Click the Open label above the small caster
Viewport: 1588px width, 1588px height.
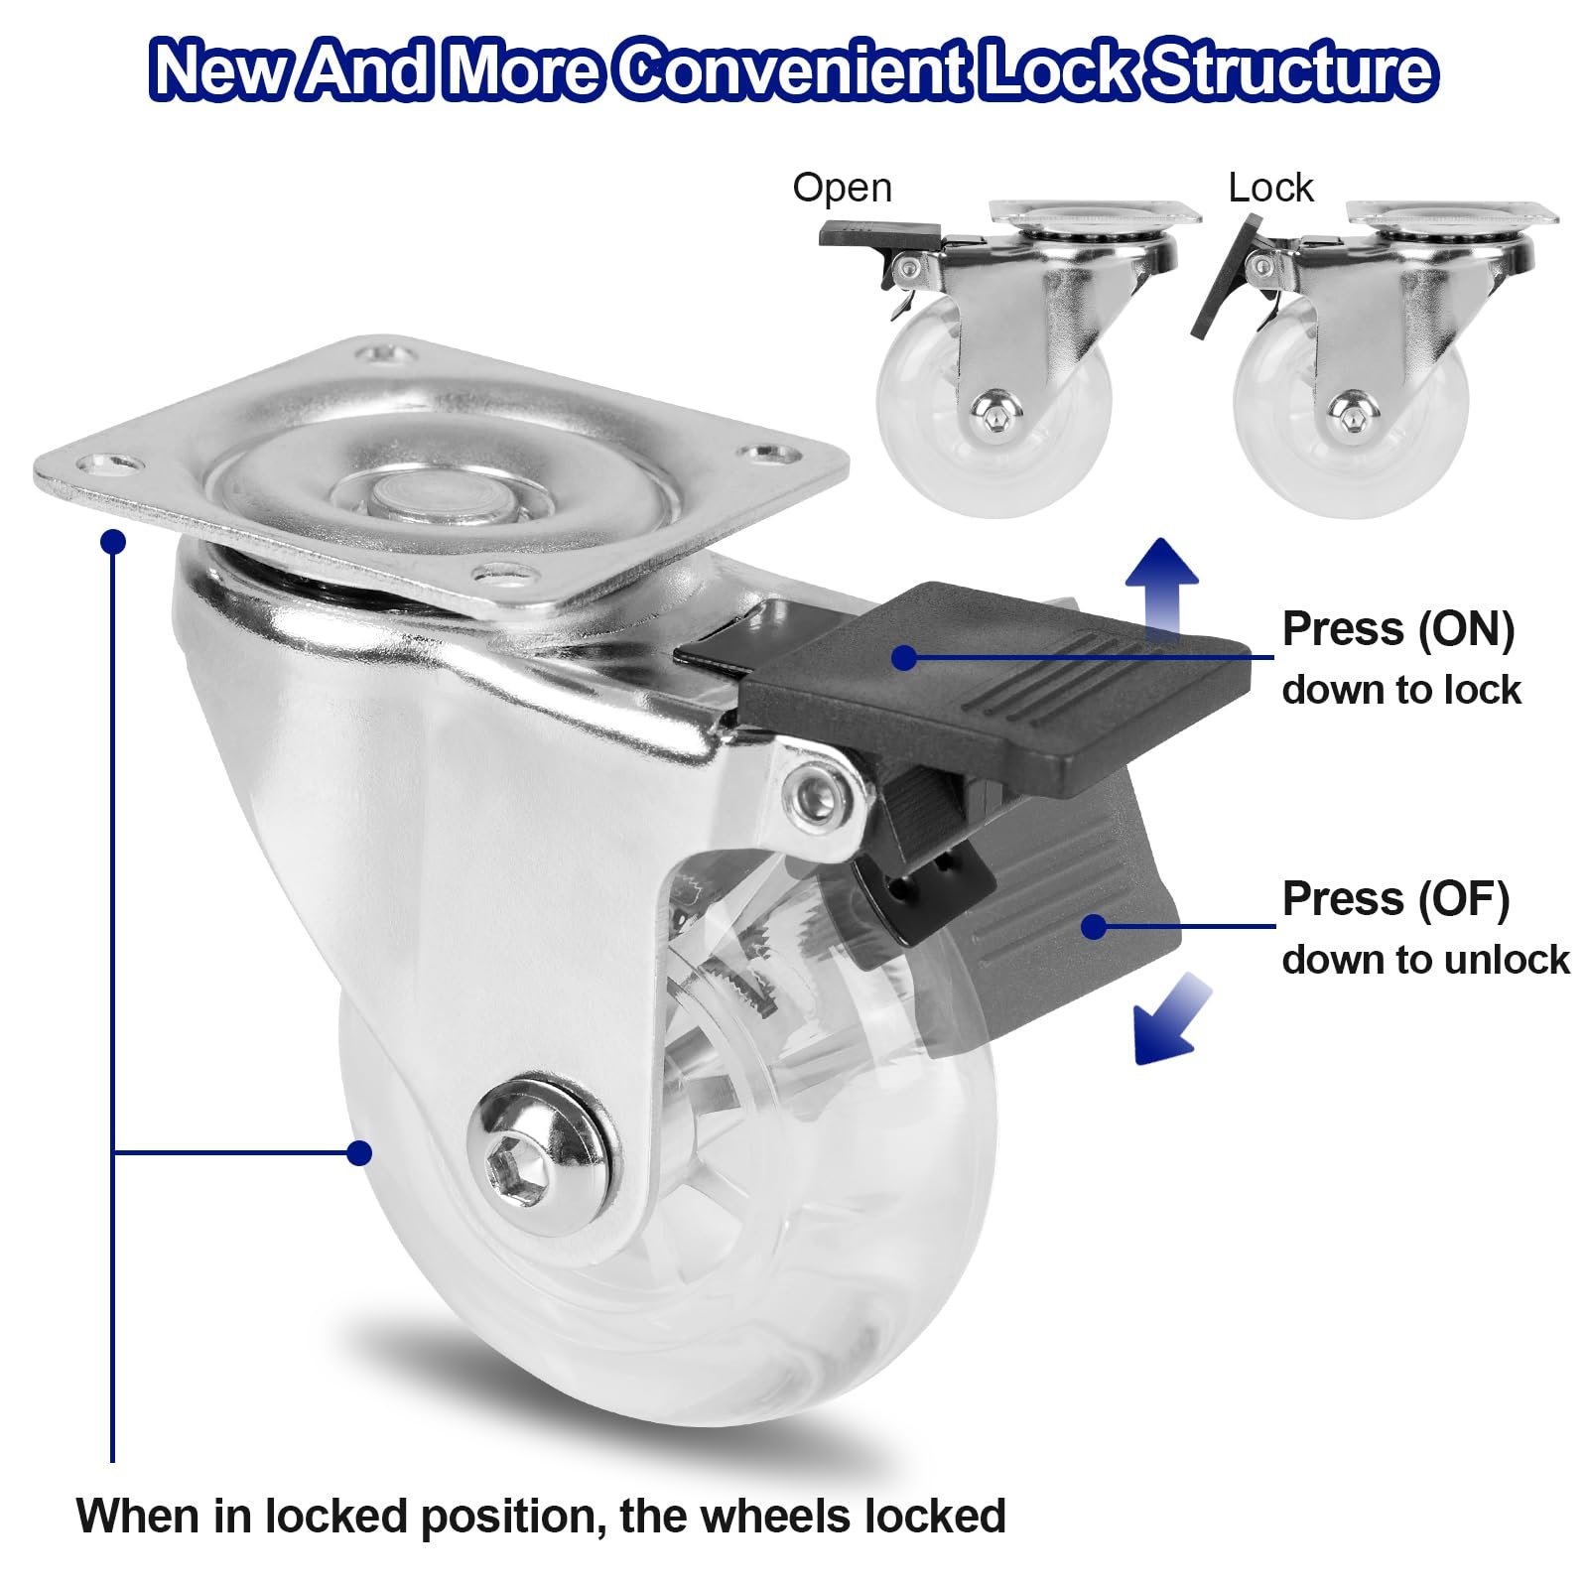(842, 189)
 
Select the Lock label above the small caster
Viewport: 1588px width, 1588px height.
(1270, 188)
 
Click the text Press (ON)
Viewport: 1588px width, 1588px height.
(1398, 629)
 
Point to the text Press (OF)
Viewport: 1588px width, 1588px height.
(1395, 899)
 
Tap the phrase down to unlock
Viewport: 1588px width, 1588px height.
(1426, 960)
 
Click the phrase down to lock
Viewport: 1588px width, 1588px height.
(1401, 690)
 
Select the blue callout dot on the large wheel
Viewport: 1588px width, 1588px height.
(359, 1152)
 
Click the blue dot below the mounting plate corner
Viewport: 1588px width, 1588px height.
(114, 542)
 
